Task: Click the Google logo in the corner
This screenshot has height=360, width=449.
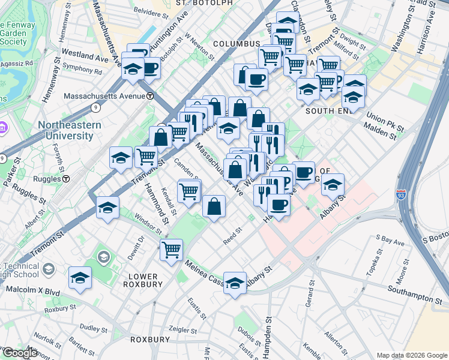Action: (19, 353)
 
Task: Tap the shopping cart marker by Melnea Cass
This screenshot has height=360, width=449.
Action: (171, 248)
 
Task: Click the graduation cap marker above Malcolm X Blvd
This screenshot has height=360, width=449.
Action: (80, 278)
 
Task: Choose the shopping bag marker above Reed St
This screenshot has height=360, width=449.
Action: (214, 207)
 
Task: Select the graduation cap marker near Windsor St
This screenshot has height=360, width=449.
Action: (107, 208)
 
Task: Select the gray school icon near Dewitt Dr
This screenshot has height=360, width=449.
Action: (103, 259)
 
